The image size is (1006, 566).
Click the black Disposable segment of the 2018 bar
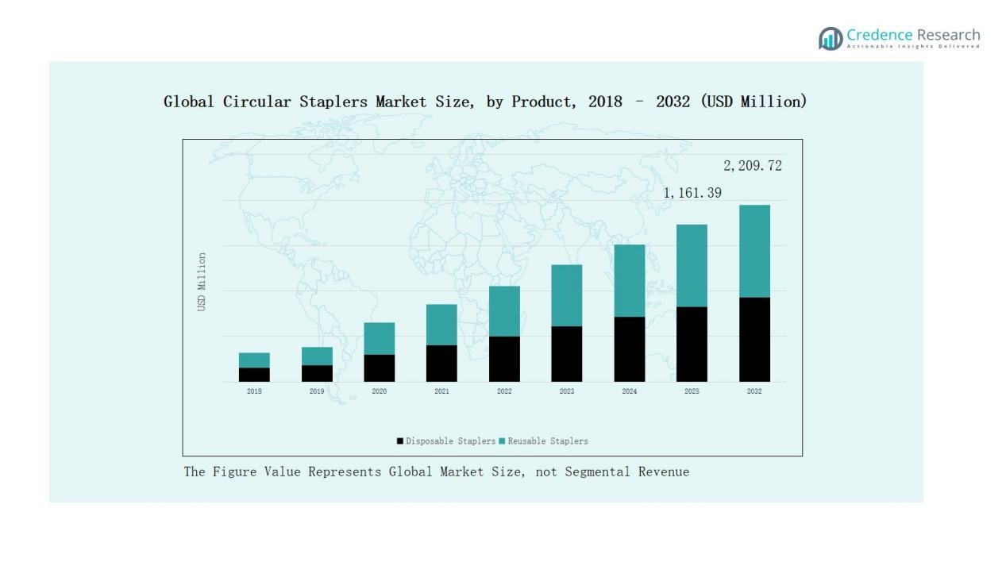pyautogui.click(x=254, y=375)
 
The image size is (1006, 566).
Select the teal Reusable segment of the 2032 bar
pyautogui.click(x=754, y=251)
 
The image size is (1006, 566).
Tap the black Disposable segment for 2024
pyautogui.click(x=629, y=349)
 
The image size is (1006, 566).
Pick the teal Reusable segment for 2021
pyautogui.click(x=441, y=325)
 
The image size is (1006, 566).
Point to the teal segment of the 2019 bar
pyautogui.click(x=317, y=356)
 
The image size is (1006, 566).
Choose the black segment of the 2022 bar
pyautogui.click(x=504, y=359)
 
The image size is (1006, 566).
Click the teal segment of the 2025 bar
pyautogui.click(x=692, y=265)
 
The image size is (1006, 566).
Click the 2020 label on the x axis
pyautogui.click(x=379, y=391)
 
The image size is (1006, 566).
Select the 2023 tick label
pyautogui.click(x=566, y=391)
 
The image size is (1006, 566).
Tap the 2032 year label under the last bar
pyautogui.click(x=754, y=391)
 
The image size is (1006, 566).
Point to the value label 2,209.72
pyautogui.click(x=752, y=166)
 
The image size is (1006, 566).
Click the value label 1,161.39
pyautogui.click(x=692, y=193)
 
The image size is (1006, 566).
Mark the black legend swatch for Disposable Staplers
pyautogui.click(x=400, y=441)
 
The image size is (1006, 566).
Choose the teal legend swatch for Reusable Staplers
pyautogui.click(x=502, y=441)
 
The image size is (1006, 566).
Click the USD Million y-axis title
pyautogui.click(x=202, y=282)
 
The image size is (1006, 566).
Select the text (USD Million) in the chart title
pyautogui.click(x=754, y=102)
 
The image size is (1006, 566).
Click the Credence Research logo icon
pyautogui.click(x=831, y=38)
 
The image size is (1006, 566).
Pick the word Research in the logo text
pyautogui.click(x=948, y=35)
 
